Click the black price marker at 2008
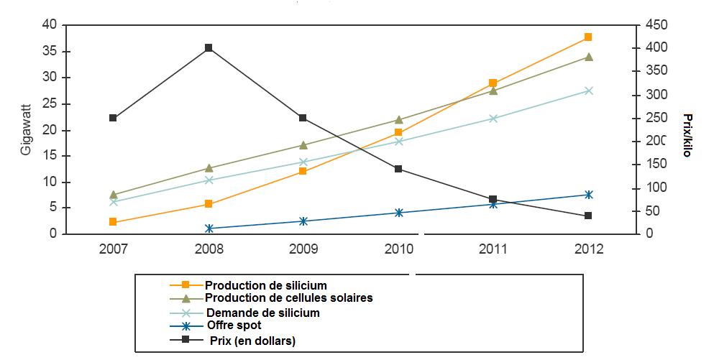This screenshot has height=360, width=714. (x=209, y=48)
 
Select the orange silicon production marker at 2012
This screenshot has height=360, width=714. (x=588, y=37)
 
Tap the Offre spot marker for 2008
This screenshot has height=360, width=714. (x=209, y=229)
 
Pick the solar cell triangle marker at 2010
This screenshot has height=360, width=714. (x=398, y=119)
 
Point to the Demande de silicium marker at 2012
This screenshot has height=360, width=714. (x=588, y=91)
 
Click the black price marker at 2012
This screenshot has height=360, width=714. (x=588, y=216)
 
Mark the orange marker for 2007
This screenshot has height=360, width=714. (x=114, y=222)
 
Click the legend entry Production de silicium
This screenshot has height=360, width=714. (x=265, y=286)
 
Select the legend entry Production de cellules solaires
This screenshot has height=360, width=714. (x=288, y=297)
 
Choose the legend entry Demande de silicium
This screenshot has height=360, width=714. (x=262, y=313)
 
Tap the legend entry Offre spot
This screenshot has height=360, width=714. (x=235, y=326)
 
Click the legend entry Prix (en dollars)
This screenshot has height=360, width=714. (x=252, y=341)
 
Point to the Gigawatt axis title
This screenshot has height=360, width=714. (x=26, y=130)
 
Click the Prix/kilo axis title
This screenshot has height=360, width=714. (x=687, y=134)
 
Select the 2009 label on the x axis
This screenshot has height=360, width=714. (x=303, y=249)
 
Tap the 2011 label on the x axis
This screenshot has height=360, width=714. (x=493, y=249)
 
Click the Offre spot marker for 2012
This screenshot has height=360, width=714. (x=588, y=195)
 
